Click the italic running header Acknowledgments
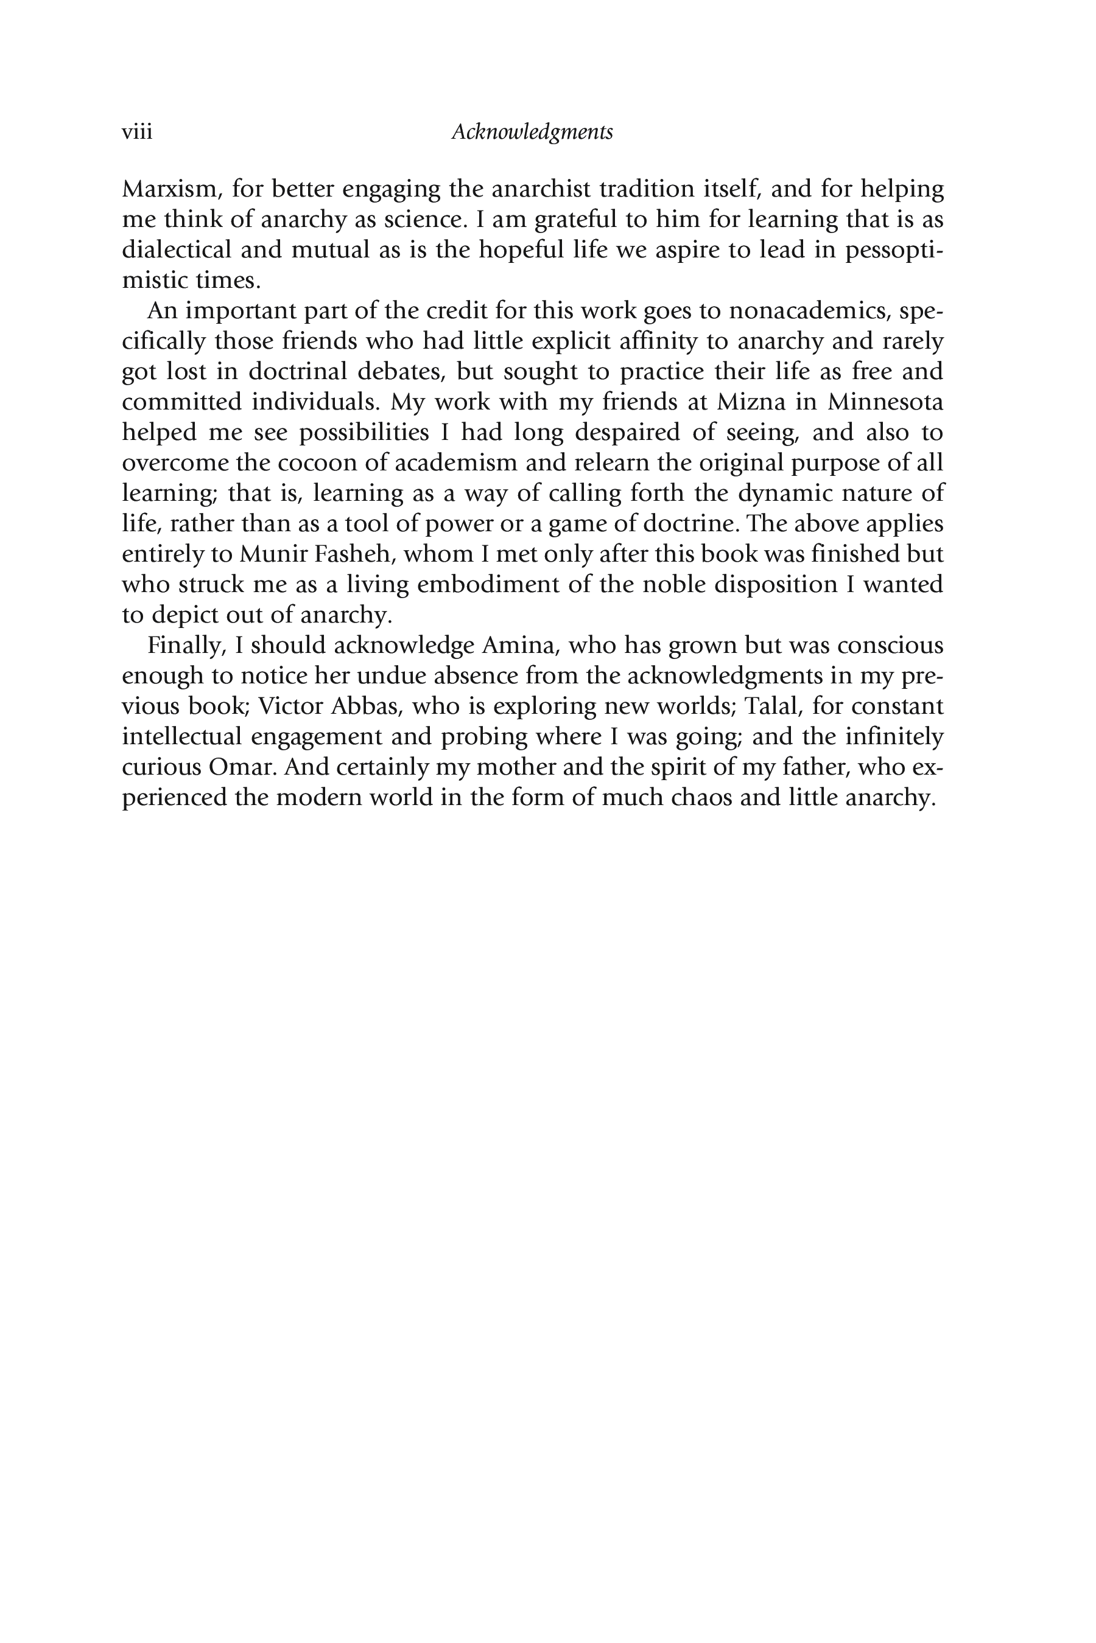532,132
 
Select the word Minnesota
885,402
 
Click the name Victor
290,706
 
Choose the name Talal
771,706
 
